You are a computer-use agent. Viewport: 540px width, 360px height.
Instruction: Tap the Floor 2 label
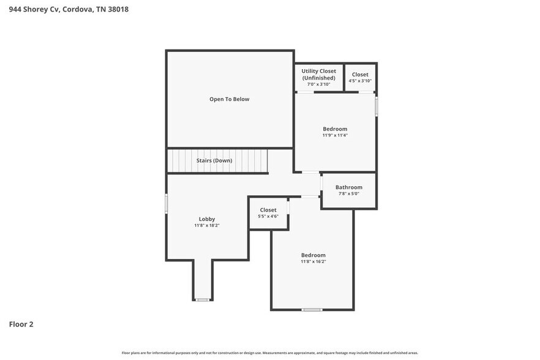click(x=21, y=324)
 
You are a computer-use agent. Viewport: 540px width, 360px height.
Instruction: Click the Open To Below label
click(x=230, y=99)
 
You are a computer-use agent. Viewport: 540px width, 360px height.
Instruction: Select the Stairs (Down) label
click(x=214, y=160)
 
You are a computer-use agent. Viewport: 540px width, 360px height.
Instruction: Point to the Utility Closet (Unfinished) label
click(x=318, y=75)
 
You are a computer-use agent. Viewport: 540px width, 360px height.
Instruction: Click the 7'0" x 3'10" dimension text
click(x=318, y=84)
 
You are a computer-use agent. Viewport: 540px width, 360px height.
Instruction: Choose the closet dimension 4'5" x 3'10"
click(x=360, y=81)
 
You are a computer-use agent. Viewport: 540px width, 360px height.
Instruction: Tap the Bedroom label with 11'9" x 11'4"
click(x=335, y=129)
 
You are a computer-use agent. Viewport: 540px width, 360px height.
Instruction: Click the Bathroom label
click(x=349, y=187)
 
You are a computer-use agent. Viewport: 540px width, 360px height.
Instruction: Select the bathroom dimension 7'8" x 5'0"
click(x=349, y=193)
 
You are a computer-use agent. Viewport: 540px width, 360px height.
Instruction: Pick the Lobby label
click(x=207, y=219)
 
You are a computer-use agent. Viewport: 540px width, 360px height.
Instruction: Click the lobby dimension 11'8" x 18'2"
click(x=207, y=225)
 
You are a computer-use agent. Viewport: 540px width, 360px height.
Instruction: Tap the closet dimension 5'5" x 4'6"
click(x=268, y=216)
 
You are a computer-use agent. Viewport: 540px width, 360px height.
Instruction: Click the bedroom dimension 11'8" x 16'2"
click(x=313, y=261)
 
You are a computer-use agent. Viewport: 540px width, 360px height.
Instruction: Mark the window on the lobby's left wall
click(x=167, y=203)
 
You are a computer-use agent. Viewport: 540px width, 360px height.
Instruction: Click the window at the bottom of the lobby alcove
click(x=203, y=299)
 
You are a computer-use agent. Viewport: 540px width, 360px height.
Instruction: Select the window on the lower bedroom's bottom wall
click(x=312, y=310)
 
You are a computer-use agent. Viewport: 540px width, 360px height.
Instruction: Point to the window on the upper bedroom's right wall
click(x=376, y=105)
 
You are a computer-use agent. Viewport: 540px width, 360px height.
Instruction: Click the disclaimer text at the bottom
click(x=269, y=353)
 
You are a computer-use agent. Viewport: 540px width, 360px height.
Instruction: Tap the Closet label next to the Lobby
click(x=268, y=210)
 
